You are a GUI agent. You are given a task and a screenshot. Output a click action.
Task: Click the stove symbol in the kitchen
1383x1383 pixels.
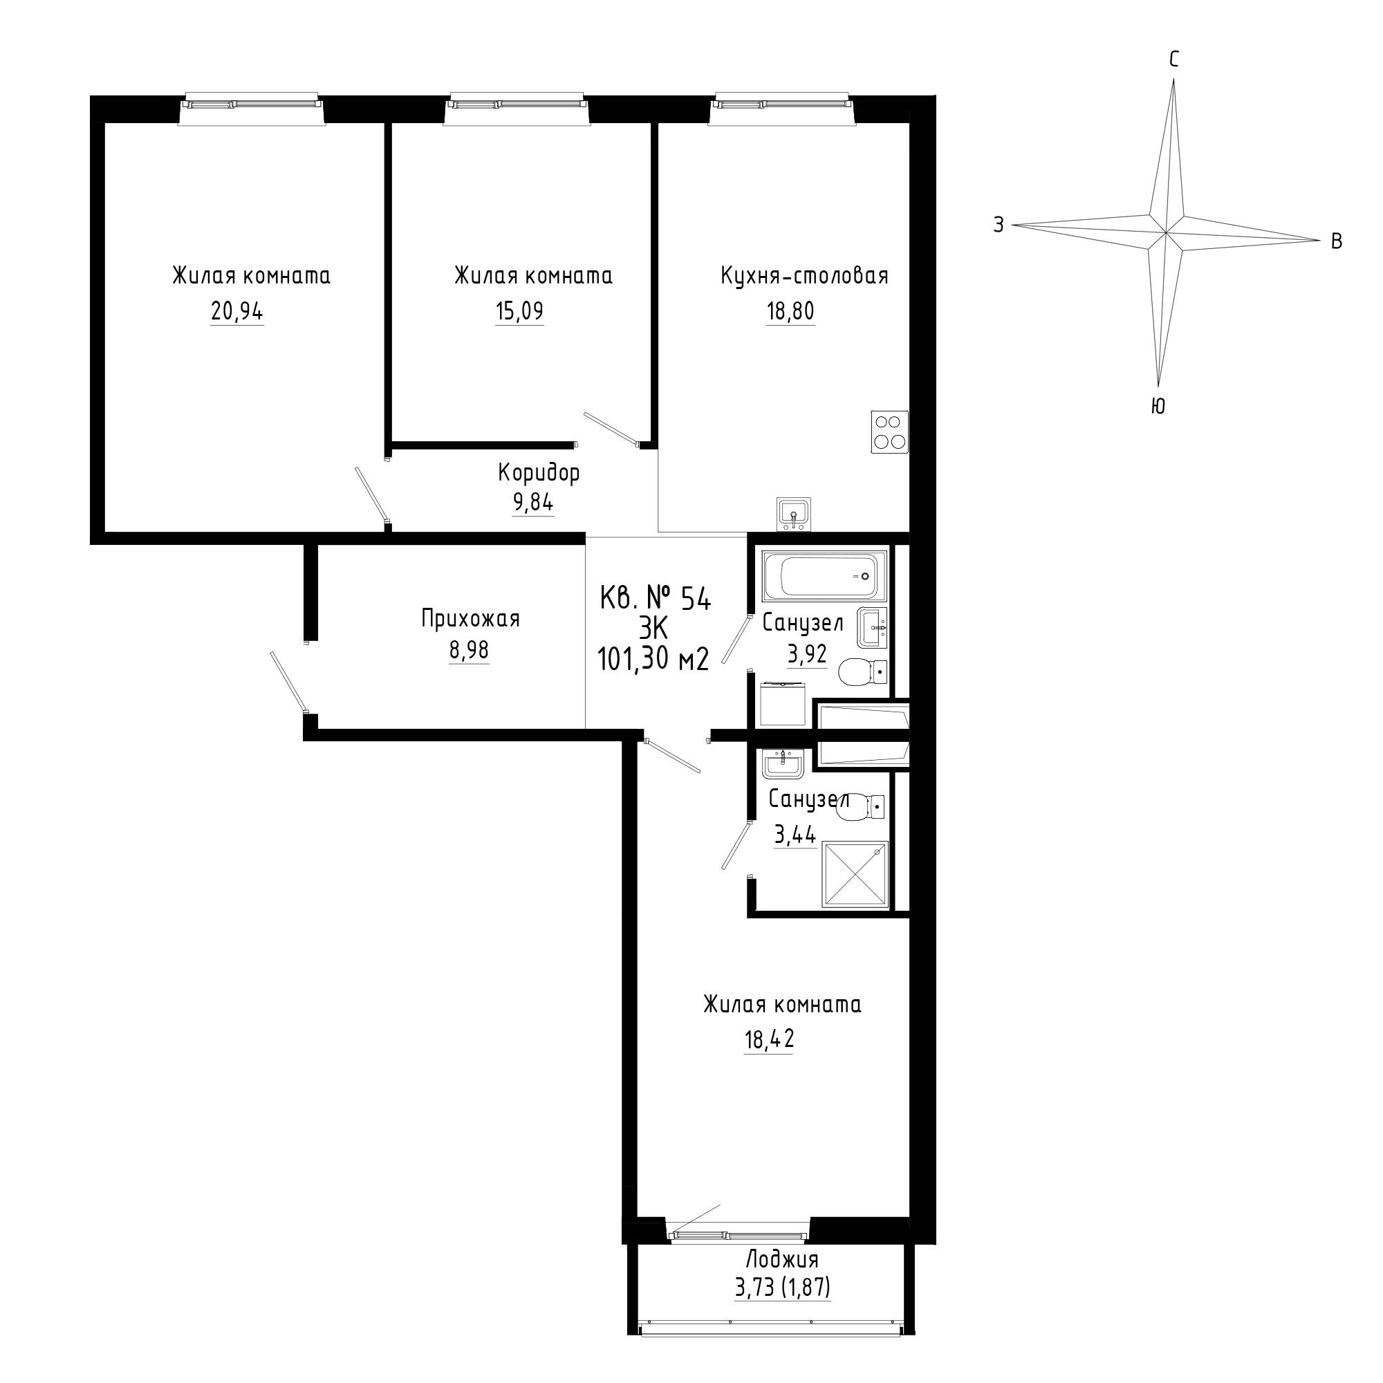[890, 431]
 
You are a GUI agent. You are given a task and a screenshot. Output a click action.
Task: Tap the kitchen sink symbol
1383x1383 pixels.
[793, 514]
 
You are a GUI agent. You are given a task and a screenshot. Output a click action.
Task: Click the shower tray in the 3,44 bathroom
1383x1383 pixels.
[855, 875]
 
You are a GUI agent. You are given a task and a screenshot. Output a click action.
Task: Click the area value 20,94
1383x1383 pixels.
[237, 311]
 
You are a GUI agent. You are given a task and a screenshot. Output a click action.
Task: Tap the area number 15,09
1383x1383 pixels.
[519, 311]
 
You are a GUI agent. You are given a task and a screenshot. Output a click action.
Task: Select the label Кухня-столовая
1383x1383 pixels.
[805, 276]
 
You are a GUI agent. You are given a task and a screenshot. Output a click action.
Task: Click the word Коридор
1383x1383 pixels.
[539, 472]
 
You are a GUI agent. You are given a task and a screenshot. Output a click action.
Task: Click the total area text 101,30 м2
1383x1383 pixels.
[653, 659]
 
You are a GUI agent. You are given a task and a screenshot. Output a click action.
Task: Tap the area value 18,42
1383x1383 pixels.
[770, 1039]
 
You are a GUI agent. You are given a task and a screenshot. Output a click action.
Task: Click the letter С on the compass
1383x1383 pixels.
[1174, 60]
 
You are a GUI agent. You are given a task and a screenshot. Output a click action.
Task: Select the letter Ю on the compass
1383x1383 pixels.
[1158, 407]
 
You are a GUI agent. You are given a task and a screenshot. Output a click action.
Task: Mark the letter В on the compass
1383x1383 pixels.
[1336, 242]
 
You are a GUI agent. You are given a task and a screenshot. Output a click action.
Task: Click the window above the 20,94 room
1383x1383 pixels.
[251, 107]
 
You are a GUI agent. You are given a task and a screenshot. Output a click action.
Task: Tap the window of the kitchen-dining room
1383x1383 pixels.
[782, 107]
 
